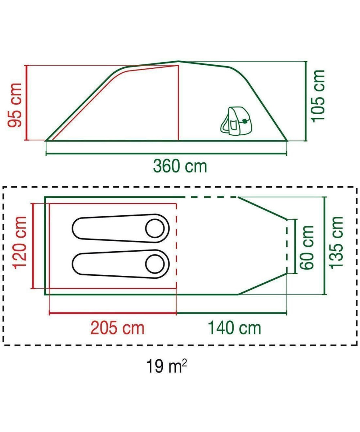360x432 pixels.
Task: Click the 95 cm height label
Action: click(15, 105)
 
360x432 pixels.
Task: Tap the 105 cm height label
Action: click(318, 96)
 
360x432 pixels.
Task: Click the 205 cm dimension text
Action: click(117, 328)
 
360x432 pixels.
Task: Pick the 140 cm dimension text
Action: click(234, 328)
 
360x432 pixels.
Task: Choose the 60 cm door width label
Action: click(307, 247)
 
